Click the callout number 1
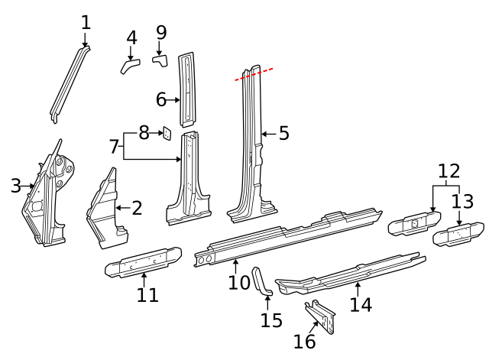click(86, 23)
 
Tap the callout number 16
click(305, 342)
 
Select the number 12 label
click(449, 171)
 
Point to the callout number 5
click(283, 134)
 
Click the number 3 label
click(15, 186)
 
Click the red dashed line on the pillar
click(254, 74)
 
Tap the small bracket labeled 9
click(160, 58)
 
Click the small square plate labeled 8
click(163, 135)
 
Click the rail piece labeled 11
click(143, 263)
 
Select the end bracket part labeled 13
click(458, 235)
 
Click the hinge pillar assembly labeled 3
click(50, 199)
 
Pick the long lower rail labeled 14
click(351, 274)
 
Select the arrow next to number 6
click(175, 99)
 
